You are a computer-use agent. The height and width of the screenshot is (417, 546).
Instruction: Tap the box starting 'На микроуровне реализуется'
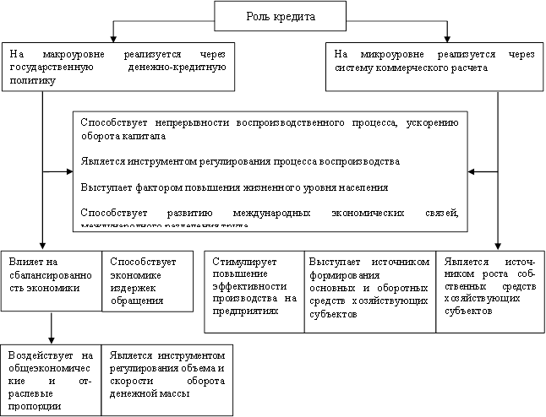click(434, 66)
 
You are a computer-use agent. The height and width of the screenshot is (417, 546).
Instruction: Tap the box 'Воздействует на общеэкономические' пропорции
click(51, 378)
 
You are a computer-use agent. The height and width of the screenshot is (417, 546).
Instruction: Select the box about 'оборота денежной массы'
click(166, 378)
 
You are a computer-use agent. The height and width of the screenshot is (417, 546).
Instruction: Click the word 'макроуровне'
click(66, 54)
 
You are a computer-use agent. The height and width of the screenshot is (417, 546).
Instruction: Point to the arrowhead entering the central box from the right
click(473, 172)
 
